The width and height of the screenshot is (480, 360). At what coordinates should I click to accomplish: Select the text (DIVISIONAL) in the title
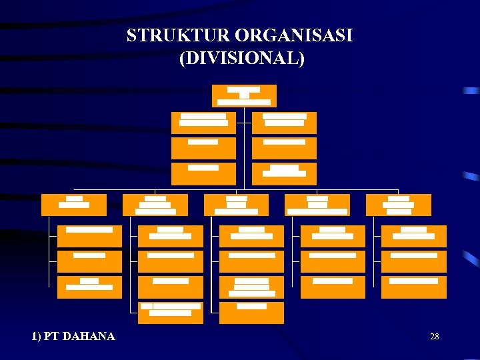[242, 58]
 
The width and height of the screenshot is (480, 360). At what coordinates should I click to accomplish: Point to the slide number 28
[434, 337]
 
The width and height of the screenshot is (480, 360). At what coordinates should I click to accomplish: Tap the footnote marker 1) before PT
[37, 336]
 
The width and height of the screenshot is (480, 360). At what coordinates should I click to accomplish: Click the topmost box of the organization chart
[244, 96]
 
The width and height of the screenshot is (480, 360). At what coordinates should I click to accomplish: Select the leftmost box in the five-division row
[73, 205]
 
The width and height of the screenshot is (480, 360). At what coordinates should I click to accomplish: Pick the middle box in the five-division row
[236, 205]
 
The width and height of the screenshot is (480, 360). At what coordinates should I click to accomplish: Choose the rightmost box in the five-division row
[399, 205]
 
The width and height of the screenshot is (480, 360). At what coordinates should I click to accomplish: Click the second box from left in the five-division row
[155, 205]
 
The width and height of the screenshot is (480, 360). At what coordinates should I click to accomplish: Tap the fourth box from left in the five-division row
[317, 205]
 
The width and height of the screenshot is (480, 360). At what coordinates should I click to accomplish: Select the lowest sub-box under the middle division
[251, 313]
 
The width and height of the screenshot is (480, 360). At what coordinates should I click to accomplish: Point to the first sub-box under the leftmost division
[89, 236]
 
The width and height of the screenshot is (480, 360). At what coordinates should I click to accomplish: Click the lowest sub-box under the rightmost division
[413, 287]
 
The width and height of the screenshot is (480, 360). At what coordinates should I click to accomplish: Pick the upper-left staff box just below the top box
[203, 123]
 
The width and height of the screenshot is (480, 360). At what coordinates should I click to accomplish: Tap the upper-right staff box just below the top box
[285, 123]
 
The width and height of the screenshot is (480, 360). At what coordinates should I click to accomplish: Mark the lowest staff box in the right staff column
[285, 173]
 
